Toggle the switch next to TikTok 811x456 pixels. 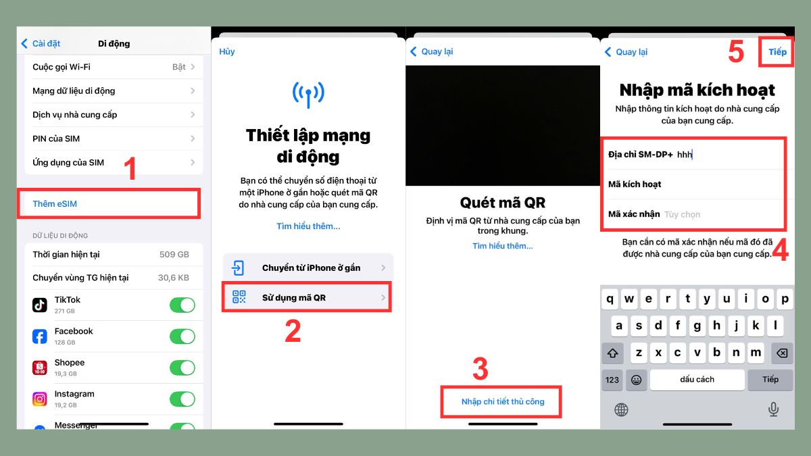click(x=182, y=305)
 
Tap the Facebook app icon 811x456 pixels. click(x=40, y=336)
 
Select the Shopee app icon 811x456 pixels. click(x=40, y=368)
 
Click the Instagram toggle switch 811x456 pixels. click(x=182, y=399)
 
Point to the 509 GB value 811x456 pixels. click(x=175, y=255)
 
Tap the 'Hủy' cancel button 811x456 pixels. click(x=227, y=52)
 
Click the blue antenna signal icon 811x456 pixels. click(x=308, y=94)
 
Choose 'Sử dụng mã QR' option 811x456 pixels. click(x=308, y=297)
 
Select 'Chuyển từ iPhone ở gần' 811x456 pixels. click(x=308, y=268)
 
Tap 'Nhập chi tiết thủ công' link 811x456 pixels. click(x=502, y=402)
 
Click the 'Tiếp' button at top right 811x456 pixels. click(x=777, y=52)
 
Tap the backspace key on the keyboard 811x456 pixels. click(x=780, y=353)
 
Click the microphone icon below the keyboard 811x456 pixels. click(x=773, y=409)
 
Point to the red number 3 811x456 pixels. click(x=480, y=370)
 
